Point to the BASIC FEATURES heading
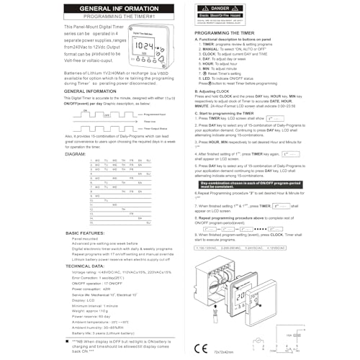click(x=86, y=233)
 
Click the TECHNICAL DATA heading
click(x=84, y=266)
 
